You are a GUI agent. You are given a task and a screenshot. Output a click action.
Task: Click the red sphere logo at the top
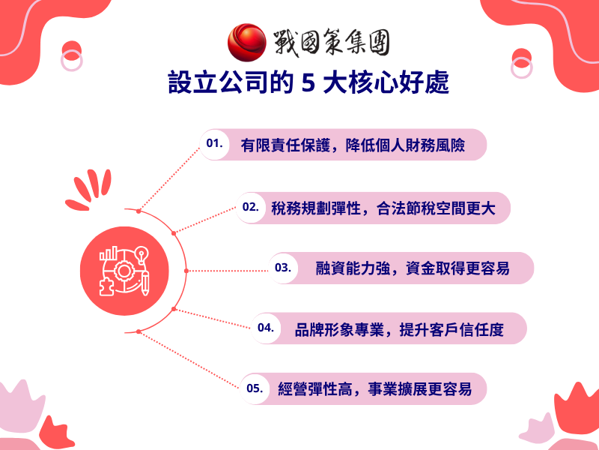(247, 41)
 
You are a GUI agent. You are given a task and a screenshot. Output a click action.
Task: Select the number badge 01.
(215, 143)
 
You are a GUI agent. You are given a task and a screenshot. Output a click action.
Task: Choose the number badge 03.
(282, 267)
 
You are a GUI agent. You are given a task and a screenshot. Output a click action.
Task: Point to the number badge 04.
(265, 328)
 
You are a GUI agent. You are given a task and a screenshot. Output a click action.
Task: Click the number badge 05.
(255, 388)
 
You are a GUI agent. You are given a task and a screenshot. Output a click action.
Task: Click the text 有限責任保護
(281, 145)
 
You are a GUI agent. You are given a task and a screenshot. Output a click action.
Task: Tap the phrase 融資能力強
(351, 268)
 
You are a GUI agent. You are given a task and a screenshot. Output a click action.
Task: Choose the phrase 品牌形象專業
(332, 328)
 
